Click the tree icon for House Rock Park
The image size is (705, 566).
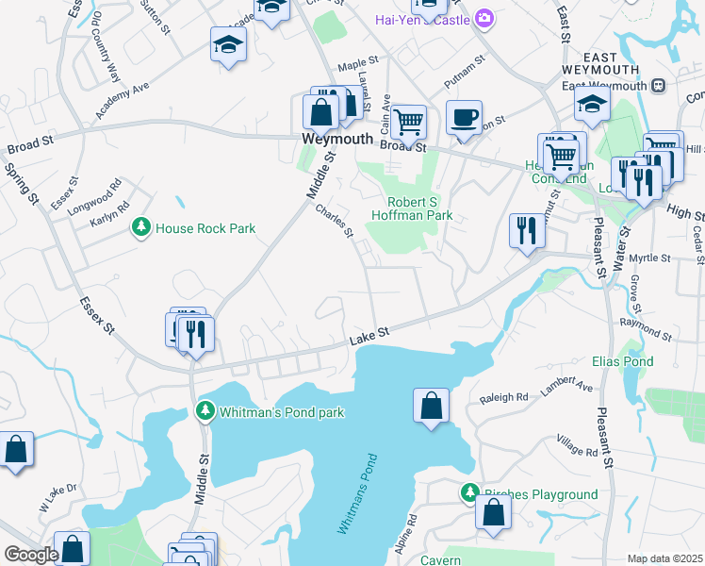coord(141,228)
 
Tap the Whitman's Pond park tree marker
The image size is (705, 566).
coord(205,412)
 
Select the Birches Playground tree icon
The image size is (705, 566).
coord(469,493)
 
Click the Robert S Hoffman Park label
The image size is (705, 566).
coord(420,208)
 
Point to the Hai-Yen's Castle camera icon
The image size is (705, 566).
coord(484,18)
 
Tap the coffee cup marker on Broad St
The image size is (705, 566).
coord(463,118)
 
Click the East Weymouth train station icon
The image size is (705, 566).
coord(658,86)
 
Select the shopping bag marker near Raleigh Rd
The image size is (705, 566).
coord(431,406)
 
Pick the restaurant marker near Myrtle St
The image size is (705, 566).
coord(525,230)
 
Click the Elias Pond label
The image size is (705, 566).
coord(622,361)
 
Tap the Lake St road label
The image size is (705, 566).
coord(369,334)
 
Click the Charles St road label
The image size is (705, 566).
coord(334,221)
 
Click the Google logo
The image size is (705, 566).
coord(31,555)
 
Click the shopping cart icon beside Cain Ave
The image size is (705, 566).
coord(408,121)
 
